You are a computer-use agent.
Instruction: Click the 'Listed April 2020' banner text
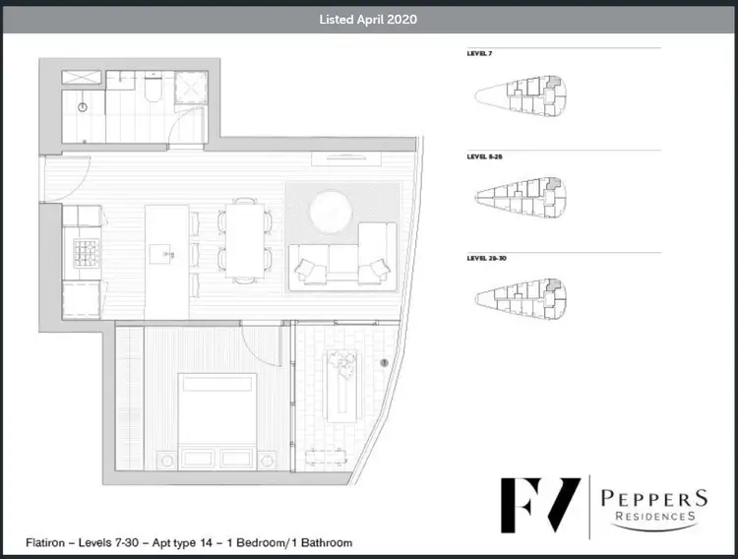pos(368,19)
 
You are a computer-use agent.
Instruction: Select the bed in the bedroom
pos(207,414)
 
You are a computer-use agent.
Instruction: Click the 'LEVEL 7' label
pos(479,55)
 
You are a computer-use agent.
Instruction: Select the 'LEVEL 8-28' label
pos(484,156)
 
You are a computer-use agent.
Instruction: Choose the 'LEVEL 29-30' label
pos(486,258)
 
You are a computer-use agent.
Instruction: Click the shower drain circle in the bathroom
pos(83,105)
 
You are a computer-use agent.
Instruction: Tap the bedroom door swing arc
pos(258,344)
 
